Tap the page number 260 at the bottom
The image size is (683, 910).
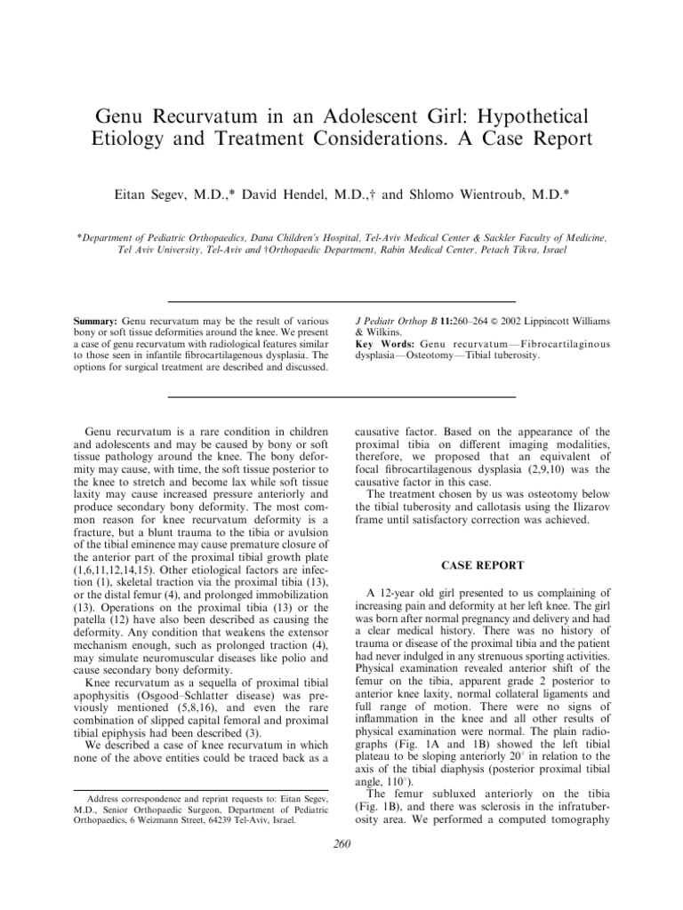pos(341,844)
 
